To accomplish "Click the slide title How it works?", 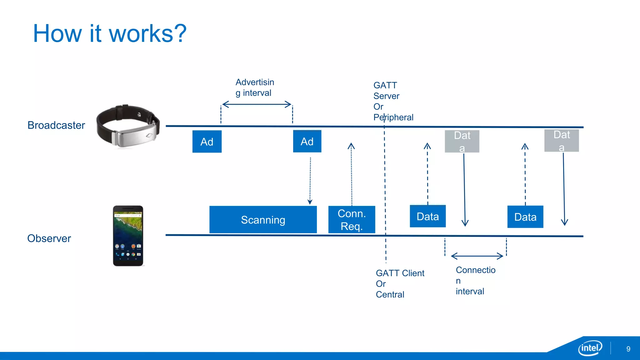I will [x=110, y=33].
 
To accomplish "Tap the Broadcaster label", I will [x=56, y=125].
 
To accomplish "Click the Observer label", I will [x=49, y=238].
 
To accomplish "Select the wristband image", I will [x=128, y=126].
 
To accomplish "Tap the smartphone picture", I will [x=128, y=236].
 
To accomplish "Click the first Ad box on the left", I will [x=207, y=142].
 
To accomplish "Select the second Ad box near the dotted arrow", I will [x=307, y=141].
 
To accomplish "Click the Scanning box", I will [x=263, y=220].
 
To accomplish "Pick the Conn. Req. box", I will [x=352, y=220].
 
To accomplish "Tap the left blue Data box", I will [x=427, y=216].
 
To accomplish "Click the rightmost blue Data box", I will [x=525, y=217].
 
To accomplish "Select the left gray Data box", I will [x=462, y=141].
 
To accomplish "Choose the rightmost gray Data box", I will [x=561, y=141].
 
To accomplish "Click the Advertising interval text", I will [x=254, y=87].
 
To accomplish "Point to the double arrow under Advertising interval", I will [x=257, y=104].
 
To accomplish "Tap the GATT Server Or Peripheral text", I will [x=392, y=101].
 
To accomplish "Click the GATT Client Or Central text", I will [x=399, y=283].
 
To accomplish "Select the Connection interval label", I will [x=475, y=280].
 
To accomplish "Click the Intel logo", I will [x=590, y=348].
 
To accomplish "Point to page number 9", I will [x=628, y=349].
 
